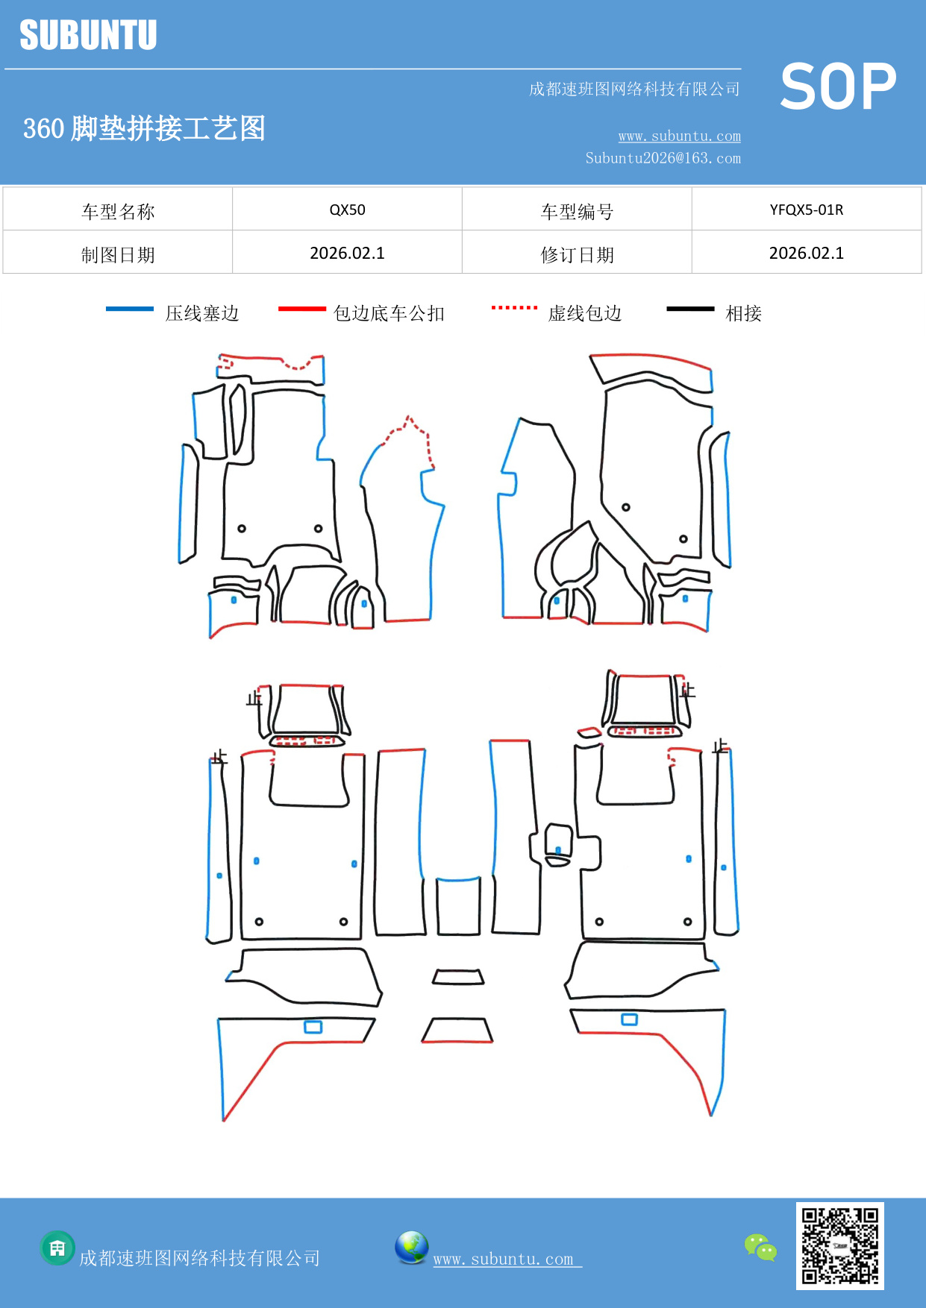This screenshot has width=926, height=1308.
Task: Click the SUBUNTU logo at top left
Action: click(x=88, y=35)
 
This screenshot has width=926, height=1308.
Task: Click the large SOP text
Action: click(x=837, y=87)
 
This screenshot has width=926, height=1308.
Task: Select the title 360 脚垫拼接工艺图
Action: click(x=144, y=128)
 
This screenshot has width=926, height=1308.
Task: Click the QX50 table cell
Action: click(x=347, y=210)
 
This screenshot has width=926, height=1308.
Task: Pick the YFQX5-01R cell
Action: click(x=806, y=210)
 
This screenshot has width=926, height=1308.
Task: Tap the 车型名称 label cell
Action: click(x=118, y=212)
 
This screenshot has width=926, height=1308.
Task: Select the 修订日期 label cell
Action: click(x=577, y=255)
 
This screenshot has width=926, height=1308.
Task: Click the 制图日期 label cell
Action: click(x=118, y=255)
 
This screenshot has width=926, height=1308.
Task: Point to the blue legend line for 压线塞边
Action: click(x=130, y=309)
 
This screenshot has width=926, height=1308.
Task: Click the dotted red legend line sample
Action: click(x=514, y=307)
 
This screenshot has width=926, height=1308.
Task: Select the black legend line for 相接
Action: click(x=690, y=309)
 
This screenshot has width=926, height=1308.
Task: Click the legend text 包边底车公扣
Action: click(x=389, y=313)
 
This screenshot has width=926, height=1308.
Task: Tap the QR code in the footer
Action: click(x=839, y=1245)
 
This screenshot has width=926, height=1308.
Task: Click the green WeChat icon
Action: click(x=760, y=1247)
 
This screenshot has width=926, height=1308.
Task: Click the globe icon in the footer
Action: click(x=411, y=1247)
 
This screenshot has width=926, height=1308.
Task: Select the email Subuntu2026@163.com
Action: click(x=663, y=158)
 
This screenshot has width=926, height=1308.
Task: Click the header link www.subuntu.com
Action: click(x=679, y=136)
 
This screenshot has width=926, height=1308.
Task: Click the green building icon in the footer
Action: click(x=57, y=1248)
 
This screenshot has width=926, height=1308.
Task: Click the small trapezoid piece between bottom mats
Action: click(x=458, y=977)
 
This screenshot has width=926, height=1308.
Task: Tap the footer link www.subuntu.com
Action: click(x=504, y=1260)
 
